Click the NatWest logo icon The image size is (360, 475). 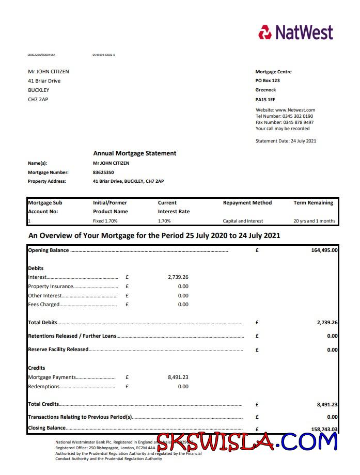point(265,32)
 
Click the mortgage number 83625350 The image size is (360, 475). point(103,172)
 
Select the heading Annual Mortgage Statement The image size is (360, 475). point(134,153)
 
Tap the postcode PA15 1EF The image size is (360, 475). point(265,99)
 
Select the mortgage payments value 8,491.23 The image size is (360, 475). point(178,377)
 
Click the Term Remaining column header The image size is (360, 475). point(313,203)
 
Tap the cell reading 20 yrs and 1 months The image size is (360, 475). point(314,221)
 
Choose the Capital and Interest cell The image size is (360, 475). point(243,221)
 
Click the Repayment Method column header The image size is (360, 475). point(247,203)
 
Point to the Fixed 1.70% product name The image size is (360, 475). point(105,221)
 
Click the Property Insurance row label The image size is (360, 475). point(51,287)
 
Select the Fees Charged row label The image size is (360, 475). point(44,305)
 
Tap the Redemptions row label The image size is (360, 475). point(44,386)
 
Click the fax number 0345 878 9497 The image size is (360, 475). point(285,122)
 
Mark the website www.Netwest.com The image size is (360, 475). point(285,110)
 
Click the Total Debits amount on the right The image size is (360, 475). point(327,323)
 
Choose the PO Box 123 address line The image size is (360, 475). point(268,81)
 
